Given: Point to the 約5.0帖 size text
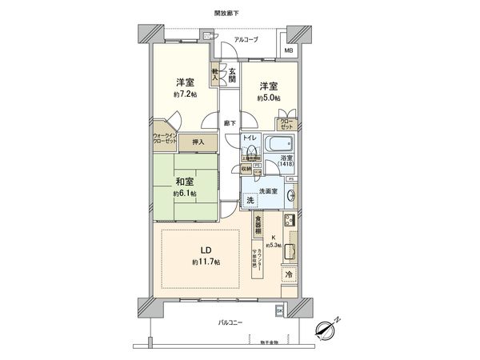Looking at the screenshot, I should (x=268, y=98).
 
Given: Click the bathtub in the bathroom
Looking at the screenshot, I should (x=280, y=144).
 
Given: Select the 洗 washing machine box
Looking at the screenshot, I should (x=250, y=199).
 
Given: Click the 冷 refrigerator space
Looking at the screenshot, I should (x=288, y=274).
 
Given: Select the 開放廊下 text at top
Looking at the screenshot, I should (x=226, y=14).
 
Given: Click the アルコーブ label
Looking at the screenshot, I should (x=246, y=39).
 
